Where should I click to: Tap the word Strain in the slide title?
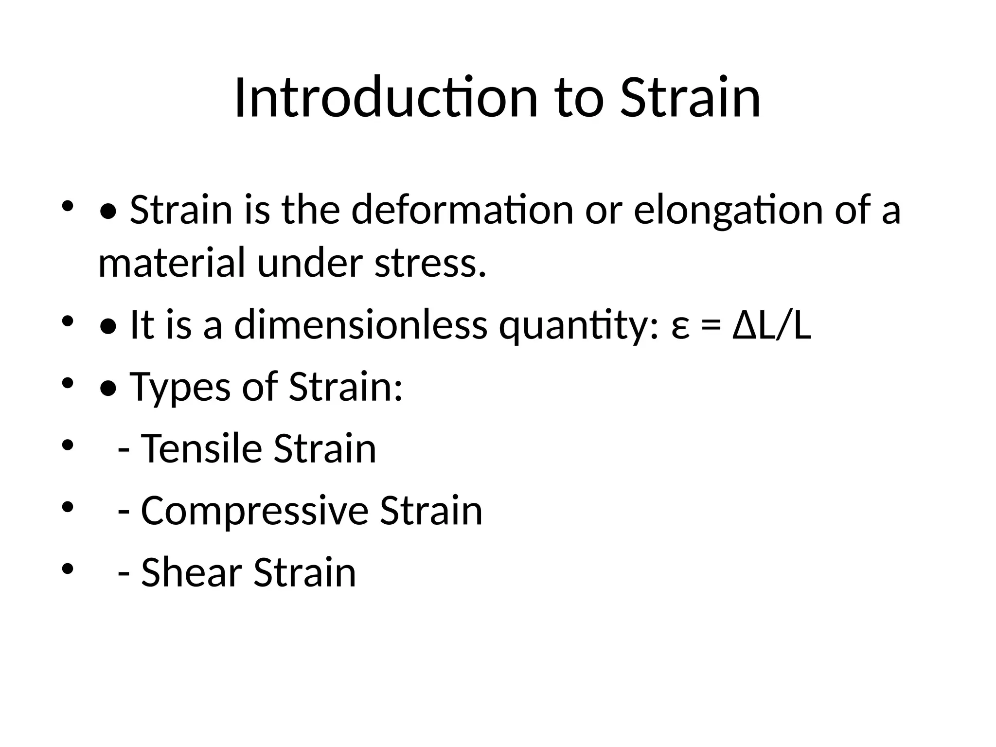(690, 98)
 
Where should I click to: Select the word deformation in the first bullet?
(462, 210)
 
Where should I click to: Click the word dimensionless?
(360, 325)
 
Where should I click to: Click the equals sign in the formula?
(711, 327)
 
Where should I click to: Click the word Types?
(179, 387)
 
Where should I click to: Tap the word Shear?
(191, 572)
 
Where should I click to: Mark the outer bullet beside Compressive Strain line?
(67, 508)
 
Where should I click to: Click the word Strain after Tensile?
(324, 448)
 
